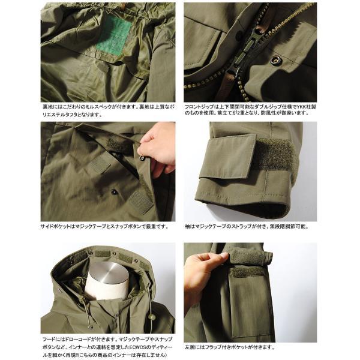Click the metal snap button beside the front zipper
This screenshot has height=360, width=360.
pyautogui.click(x=276, y=59)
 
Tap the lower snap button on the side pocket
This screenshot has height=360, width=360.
pyautogui.click(x=114, y=192)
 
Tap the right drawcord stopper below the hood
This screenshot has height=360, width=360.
pyautogui.click(x=151, y=317)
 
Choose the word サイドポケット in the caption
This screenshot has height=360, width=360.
pyautogui.click(x=58, y=226)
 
